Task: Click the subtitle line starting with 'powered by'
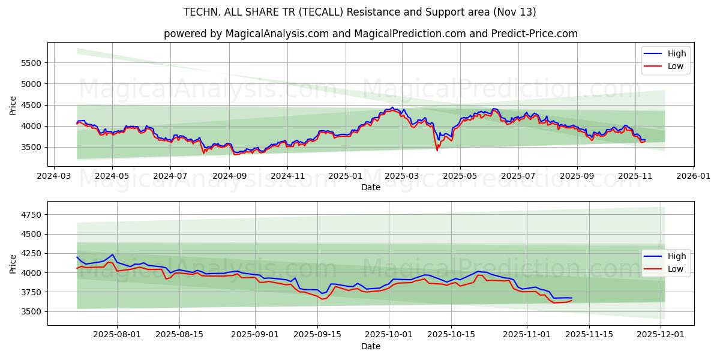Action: pyautogui.click(x=370, y=34)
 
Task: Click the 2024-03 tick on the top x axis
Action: pyautogui.click(x=55, y=176)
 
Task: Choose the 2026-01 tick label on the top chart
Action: pyautogui.click(x=693, y=176)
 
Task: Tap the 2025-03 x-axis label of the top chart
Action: pyautogui.click(x=401, y=176)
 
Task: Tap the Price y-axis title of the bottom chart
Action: pyautogui.click(x=13, y=263)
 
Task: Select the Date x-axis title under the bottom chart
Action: pyautogui.click(x=370, y=346)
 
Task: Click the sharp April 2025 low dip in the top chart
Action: pyautogui.click(x=437, y=150)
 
